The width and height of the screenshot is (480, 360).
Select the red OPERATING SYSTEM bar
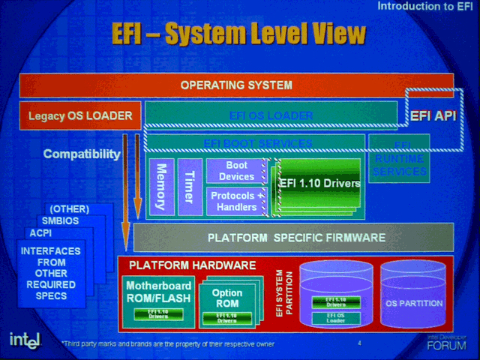pos(235,85)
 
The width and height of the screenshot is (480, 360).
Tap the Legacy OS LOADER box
pos(80,115)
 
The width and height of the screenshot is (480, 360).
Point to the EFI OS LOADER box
pos(271,115)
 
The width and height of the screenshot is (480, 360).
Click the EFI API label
pos(433,115)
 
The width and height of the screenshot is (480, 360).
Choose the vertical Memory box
pos(161,187)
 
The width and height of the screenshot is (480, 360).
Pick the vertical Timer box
pos(188,187)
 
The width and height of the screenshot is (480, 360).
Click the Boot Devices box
pos(236,171)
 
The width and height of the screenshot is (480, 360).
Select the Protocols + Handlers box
pos(236,200)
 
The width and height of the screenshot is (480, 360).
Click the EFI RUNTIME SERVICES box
pos(398,158)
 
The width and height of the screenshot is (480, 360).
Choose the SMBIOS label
pos(59,220)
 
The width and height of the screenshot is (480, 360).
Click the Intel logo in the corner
pos(25,339)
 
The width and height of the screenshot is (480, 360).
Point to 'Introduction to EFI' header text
pos(424,7)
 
